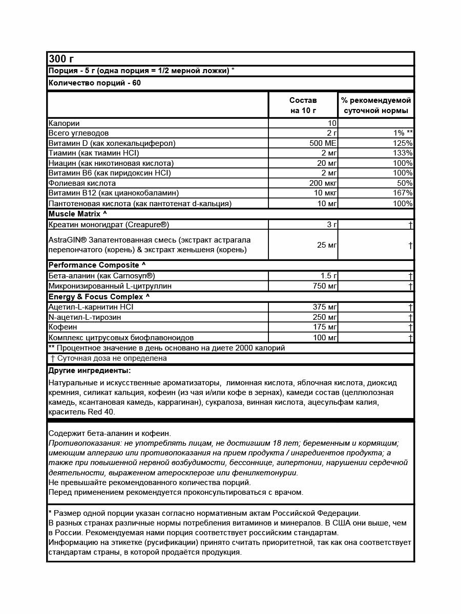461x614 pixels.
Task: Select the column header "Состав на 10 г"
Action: [303, 105]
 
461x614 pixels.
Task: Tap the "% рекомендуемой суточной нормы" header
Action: [376, 105]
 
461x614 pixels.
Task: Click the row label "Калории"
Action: [64, 123]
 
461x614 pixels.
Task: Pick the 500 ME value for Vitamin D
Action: [323, 143]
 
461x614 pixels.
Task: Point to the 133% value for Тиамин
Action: [402, 153]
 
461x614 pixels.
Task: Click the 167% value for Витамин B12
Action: [402, 193]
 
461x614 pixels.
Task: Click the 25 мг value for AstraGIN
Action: [327, 245]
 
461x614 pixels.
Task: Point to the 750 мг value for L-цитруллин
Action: [323, 286]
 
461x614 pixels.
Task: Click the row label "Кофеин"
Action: [62, 327]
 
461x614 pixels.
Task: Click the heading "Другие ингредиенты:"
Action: [89, 370]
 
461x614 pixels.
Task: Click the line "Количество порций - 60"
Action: [94, 83]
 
